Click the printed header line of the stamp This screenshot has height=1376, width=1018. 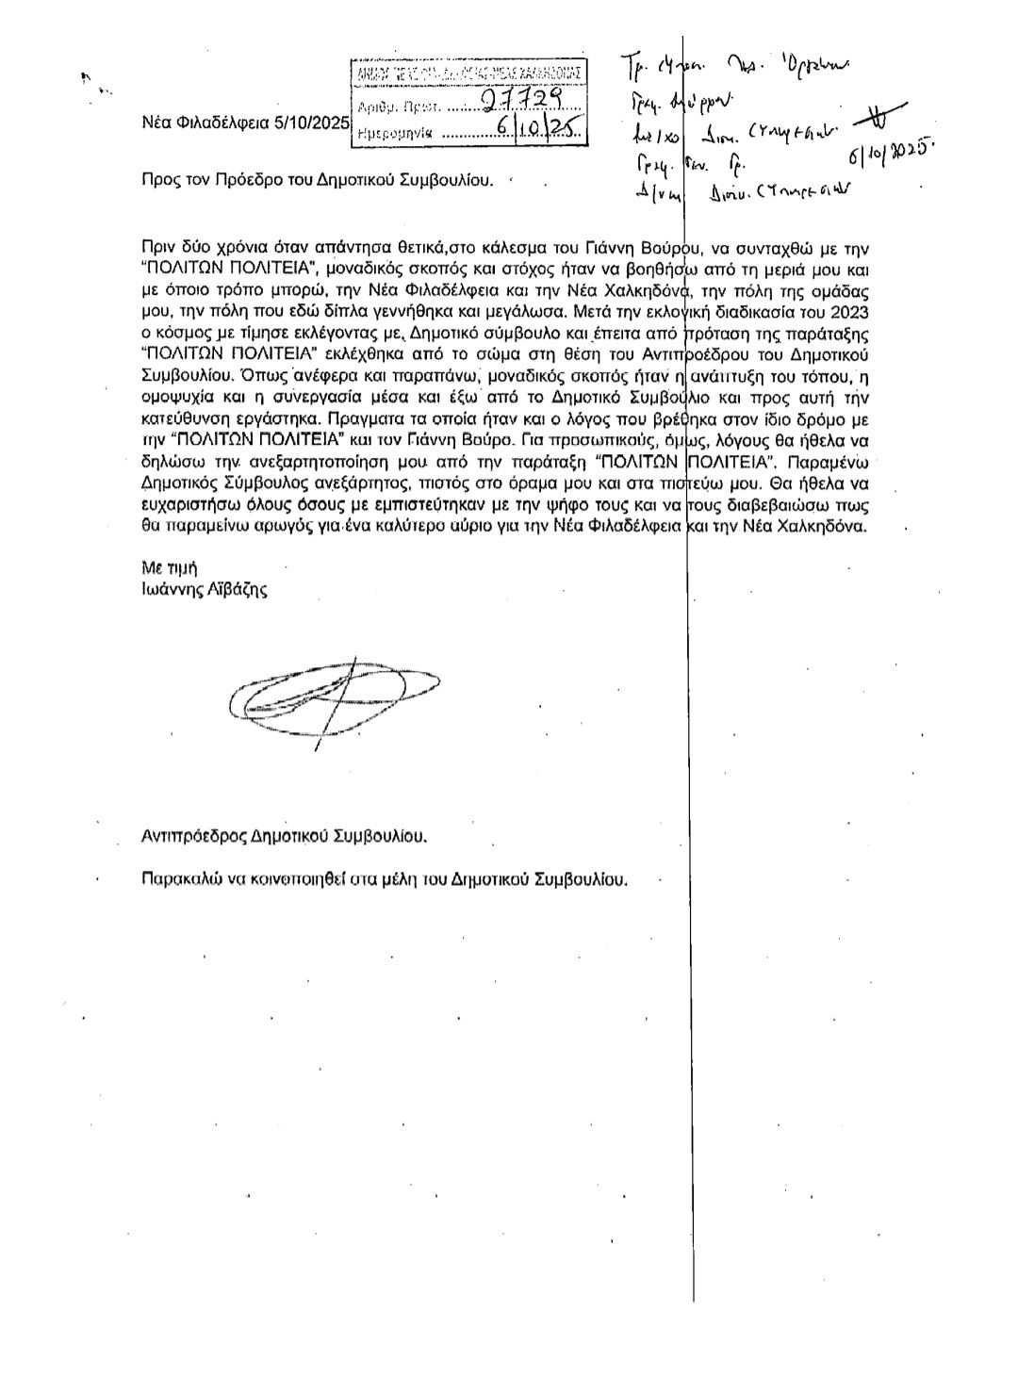[x=468, y=73]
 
